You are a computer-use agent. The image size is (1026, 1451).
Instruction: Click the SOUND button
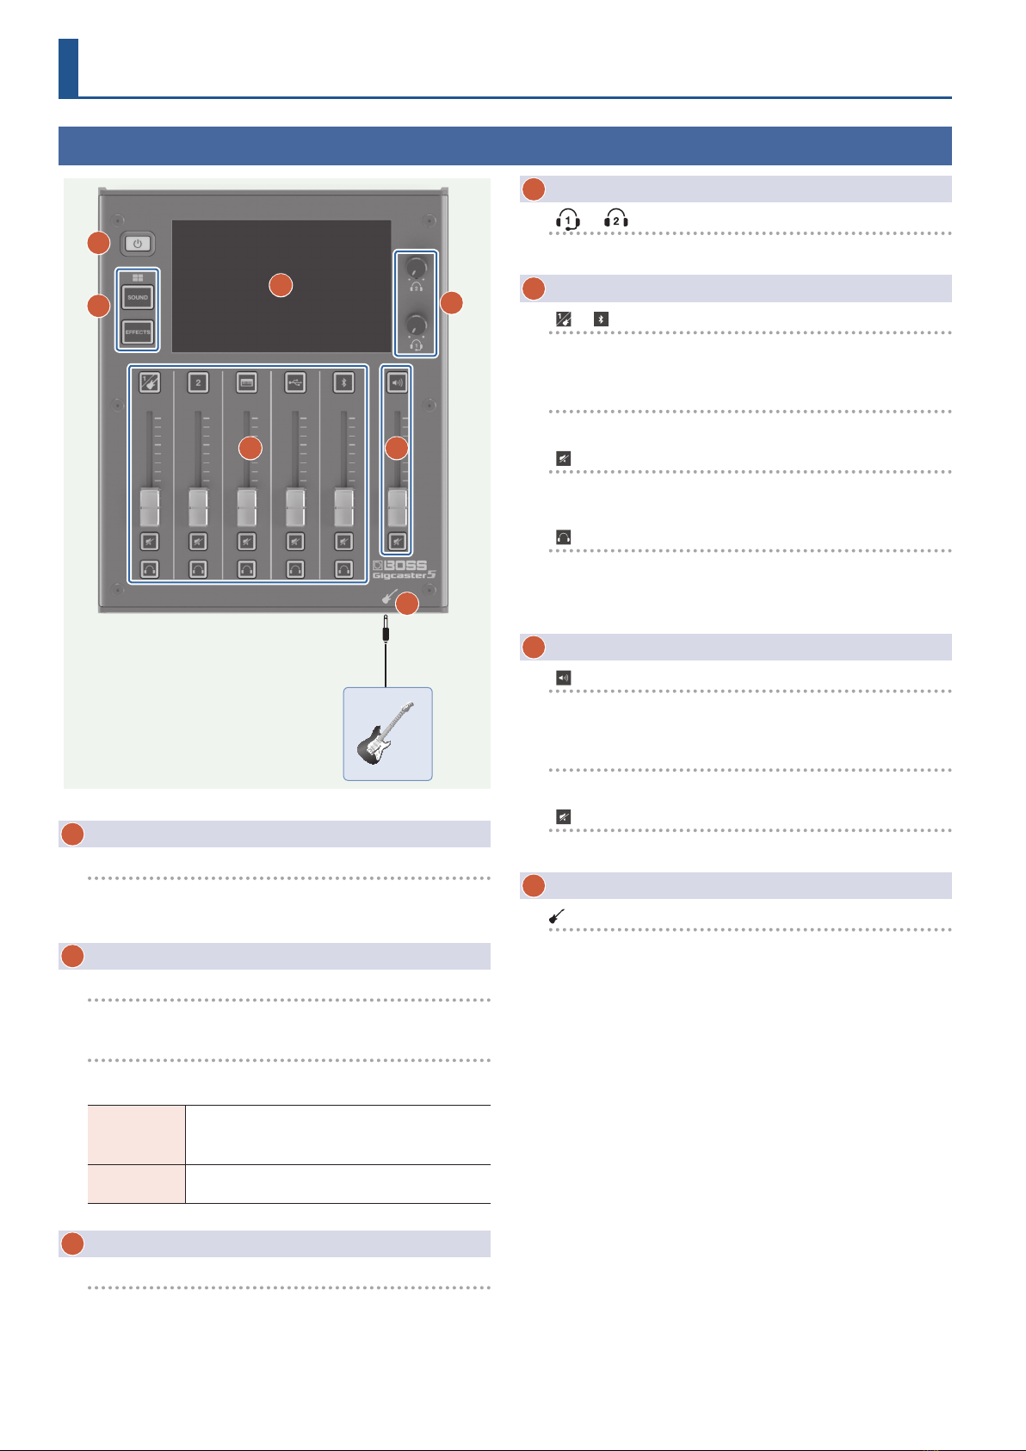[137, 297]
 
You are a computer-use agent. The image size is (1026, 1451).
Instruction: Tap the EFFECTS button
[137, 332]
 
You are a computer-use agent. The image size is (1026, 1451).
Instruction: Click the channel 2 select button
[198, 383]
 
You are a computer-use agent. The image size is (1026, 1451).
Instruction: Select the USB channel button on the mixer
[295, 383]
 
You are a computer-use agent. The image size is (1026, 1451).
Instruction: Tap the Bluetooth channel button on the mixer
[343, 383]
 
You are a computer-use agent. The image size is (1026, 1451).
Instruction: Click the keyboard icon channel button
[247, 383]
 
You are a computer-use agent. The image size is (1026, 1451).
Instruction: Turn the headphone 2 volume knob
[416, 267]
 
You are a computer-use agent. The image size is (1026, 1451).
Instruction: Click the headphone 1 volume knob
[416, 325]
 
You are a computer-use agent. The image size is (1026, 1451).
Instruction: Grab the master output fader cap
[397, 508]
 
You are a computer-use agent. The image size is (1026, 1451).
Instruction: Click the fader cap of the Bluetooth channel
[343, 508]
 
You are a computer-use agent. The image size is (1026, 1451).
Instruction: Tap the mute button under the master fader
[397, 542]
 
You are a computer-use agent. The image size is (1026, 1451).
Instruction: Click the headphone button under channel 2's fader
[198, 569]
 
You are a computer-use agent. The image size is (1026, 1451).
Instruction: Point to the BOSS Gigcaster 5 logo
[404, 570]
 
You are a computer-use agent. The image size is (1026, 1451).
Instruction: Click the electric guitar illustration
[386, 734]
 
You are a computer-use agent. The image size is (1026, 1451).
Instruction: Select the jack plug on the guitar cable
[386, 628]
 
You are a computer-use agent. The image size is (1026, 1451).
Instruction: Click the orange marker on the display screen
[281, 285]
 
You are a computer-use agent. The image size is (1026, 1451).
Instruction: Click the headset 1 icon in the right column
[568, 220]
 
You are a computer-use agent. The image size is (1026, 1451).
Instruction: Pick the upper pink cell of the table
[137, 1135]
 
